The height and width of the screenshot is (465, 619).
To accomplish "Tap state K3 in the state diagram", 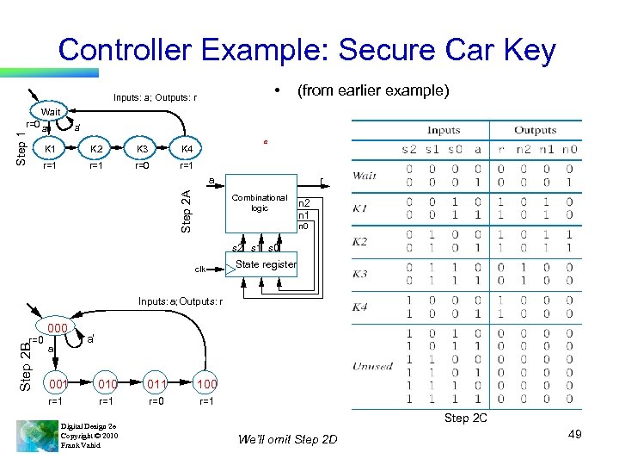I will click(x=144, y=149).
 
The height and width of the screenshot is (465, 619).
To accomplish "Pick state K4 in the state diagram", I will click(x=187, y=149).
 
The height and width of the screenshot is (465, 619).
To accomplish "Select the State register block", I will click(x=266, y=264).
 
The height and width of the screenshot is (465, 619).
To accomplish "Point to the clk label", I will click(x=199, y=270).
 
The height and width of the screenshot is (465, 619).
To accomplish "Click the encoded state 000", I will click(x=58, y=328).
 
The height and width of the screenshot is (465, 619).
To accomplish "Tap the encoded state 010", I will click(x=107, y=382).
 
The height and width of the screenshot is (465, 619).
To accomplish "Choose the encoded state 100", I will click(x=207, y=382).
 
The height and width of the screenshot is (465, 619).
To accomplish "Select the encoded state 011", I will click(x=156, y=382).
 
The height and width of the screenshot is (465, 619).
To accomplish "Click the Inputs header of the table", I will click(x=444, y=130).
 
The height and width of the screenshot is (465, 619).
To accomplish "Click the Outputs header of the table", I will click(x=536, y=130).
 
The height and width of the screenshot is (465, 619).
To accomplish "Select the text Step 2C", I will click(x=468, y=418).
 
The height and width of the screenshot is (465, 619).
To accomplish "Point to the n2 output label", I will click(x=304, y=203).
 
